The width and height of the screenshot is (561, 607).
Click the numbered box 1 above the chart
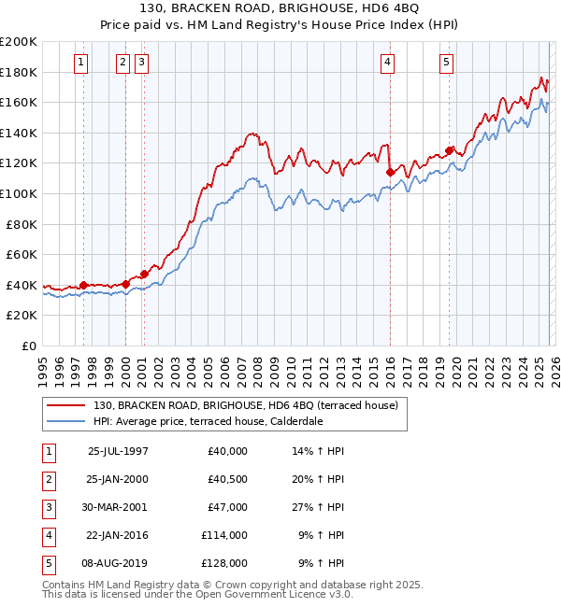point(82,63)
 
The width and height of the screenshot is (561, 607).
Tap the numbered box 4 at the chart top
point(387,63)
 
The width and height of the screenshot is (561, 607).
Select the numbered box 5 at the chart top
point(446,63)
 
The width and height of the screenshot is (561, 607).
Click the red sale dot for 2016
point(390,172)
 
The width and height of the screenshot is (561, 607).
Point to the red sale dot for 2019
point(449,150)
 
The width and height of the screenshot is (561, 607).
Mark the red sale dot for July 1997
point(84,285)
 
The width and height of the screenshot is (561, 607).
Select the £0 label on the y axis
point(28,346)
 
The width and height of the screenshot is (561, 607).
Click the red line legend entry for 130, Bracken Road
point(245,405)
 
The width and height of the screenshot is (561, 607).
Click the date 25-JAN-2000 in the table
point(118,479)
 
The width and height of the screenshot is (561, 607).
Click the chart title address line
point(280,10)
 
